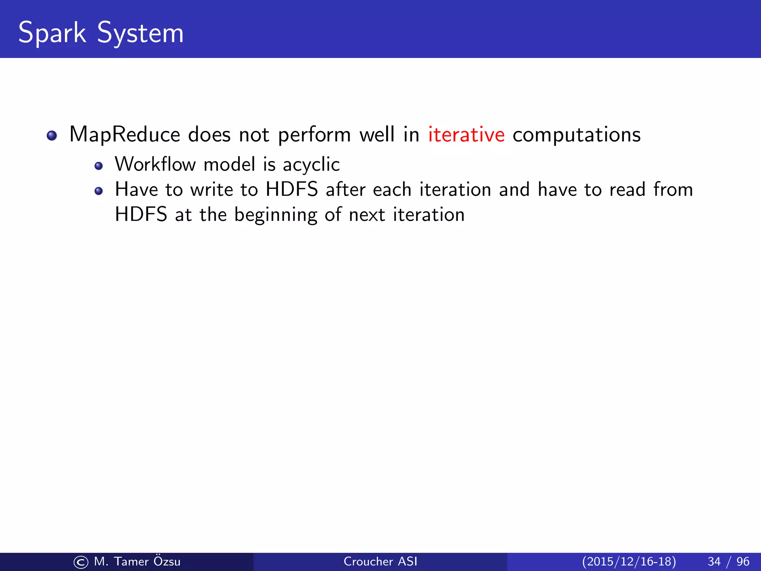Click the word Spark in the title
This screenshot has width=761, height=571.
point(52,33)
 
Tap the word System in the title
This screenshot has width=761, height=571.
point(140,33)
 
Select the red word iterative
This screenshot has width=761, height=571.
point(466,135)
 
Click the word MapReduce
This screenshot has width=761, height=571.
point(124,135)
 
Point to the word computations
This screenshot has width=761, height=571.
point(576,135)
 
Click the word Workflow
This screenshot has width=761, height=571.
point(155,164)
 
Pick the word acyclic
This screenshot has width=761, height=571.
point(311,164)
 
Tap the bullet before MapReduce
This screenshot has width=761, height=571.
point(52,136)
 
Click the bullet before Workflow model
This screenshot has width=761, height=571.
point(98,166)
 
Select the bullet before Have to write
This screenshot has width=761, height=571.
point(98,191)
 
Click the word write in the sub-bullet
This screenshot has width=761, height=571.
point(211,190)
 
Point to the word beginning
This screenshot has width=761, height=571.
point(275,215)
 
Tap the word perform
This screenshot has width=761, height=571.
point(314,135)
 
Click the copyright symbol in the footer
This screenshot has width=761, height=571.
point(81,562)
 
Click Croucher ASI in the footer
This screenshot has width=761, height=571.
point(380,561)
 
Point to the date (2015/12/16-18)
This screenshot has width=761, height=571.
point(629,561)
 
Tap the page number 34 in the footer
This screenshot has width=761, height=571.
point(714,561)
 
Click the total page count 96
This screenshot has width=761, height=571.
point(743,561)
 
